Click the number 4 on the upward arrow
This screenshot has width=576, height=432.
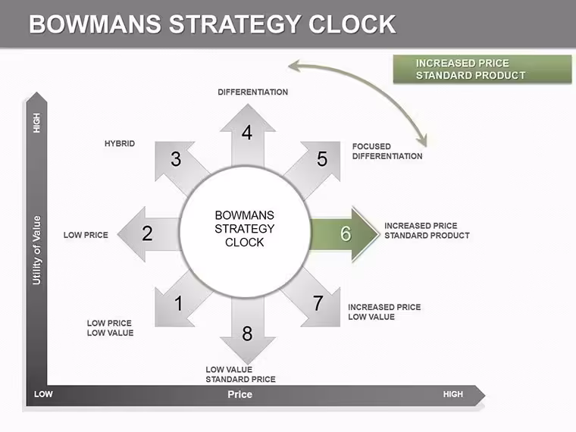(247, 133)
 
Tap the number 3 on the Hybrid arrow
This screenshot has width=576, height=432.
(176, 159)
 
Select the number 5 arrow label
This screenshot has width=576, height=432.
(322, 159)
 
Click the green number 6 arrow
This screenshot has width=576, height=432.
(345, 233)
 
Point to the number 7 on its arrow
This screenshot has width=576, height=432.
(318, 303)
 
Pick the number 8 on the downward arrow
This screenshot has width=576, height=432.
(247, 333)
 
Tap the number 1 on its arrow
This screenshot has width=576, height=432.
(179, 303)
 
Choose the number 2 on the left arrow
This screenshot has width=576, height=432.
(147, 233)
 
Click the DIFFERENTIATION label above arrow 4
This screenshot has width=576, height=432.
(252, 92)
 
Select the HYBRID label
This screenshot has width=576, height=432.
(120, 144)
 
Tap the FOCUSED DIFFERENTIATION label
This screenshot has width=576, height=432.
(387, 152)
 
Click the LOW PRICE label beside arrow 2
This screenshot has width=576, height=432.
(86, 235)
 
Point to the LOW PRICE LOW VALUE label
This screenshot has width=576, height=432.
(110, 328)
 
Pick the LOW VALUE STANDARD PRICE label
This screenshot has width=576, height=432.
(240, 374)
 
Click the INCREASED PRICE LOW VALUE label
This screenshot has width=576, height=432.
(384, 312)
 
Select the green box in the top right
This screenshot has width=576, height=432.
(482, 69)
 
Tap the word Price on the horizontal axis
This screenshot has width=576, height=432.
(240, 395)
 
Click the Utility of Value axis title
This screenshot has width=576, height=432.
(36, 251)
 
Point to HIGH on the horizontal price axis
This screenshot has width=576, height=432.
(453, 395)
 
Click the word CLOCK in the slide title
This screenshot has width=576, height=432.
(352, 24)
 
